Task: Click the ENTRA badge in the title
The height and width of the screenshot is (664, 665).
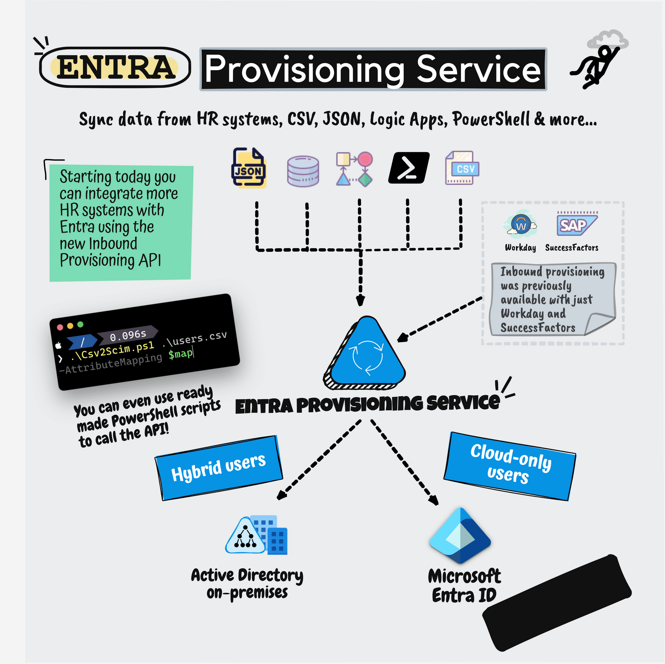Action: tap(115, 68)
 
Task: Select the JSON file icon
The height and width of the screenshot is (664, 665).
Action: tap(248, 168)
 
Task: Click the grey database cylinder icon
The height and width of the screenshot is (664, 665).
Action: tap(303, 171)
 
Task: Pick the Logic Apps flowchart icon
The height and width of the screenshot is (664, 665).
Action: tap(354, 169)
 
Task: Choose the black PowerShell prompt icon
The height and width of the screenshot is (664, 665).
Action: tap(409, 168)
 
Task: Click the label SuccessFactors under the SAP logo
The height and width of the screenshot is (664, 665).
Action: tap(572, 248)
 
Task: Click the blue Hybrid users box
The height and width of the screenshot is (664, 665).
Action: tap(218, 468)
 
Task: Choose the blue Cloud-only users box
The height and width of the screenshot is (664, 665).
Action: tap(510, 466)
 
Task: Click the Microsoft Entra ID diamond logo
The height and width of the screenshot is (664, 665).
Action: tap(460, 535)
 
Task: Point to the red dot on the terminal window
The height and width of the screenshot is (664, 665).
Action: tap(60, 327)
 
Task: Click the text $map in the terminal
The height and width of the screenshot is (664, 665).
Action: tap(180, 353)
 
